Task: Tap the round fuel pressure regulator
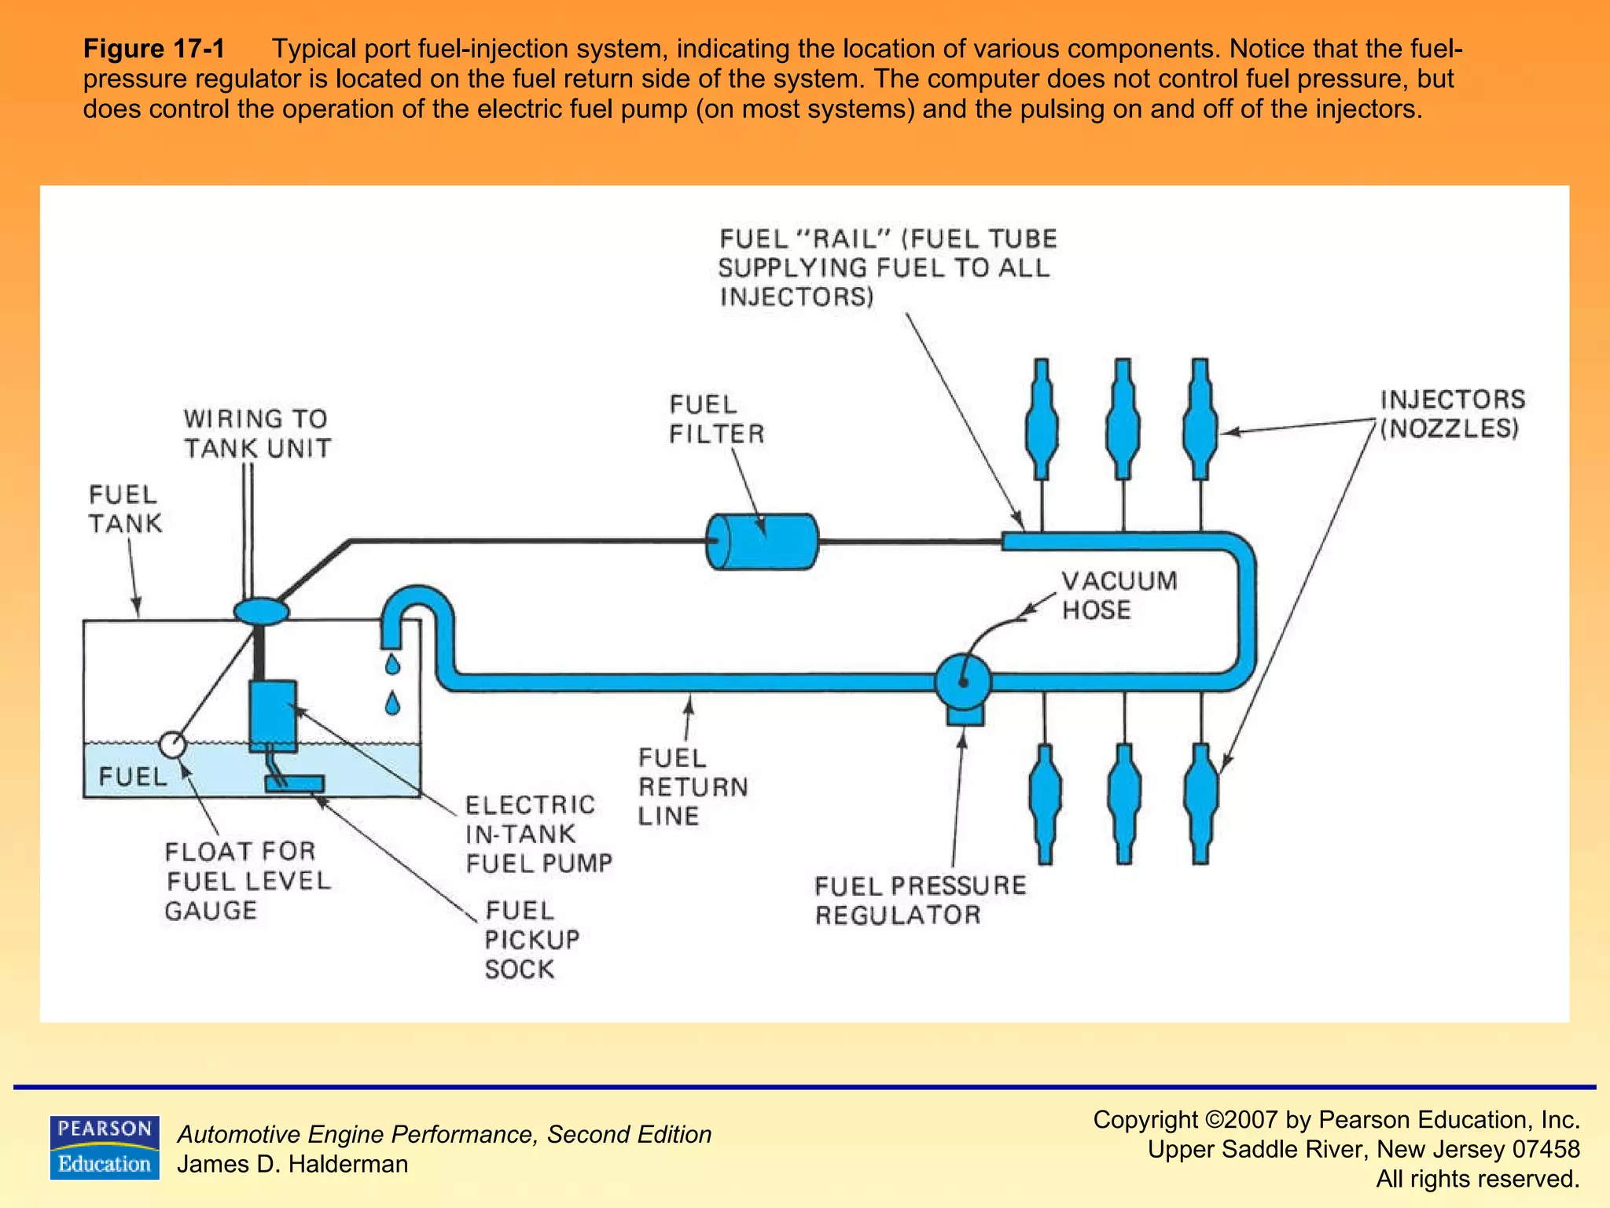[963, 681]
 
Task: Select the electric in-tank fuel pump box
[273, 716]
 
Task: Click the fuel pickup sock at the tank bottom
[295, 783]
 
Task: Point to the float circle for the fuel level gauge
[172, 744]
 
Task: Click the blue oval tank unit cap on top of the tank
[261, 611]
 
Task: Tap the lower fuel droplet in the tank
[392, 702]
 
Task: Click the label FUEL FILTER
[715, 419]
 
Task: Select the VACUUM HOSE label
[1119, 595]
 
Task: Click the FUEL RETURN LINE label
[692, 786]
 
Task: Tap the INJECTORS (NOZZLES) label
[1451, 414]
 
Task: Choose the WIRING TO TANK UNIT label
[257, 433]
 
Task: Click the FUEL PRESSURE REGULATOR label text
[920, 900]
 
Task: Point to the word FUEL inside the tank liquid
[132, 776]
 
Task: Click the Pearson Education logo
[105, 1147]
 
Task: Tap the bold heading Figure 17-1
[154, 49]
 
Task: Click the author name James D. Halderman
[292, 1164]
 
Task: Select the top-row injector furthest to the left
[1042, 421]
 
